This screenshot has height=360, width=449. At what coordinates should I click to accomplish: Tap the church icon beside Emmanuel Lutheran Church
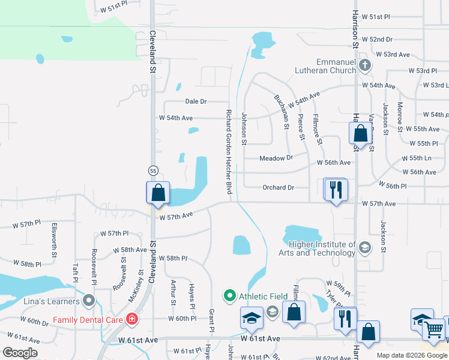point(364,65)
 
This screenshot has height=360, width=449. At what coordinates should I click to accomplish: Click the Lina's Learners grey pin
point(89,299)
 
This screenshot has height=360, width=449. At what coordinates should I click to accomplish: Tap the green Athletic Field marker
point(229,296)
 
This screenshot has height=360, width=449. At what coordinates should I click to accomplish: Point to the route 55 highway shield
point(153,171)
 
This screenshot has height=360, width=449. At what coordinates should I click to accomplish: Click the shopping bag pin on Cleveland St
point(158,193)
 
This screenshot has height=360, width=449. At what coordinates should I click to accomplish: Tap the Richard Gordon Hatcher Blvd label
point(229,152)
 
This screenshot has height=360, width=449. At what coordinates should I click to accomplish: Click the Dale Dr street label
point(196,102)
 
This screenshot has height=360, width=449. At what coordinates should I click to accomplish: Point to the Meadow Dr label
point(276,158)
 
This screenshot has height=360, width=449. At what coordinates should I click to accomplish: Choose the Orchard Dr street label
point(279,187)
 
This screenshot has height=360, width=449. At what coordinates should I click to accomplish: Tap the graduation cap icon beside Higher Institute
point(364,247)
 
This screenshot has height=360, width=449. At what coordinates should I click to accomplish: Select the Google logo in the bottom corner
point(19,352)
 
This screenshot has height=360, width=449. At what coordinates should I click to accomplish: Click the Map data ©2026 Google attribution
point(412,355)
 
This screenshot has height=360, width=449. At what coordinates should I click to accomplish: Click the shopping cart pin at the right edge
point(434,329)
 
